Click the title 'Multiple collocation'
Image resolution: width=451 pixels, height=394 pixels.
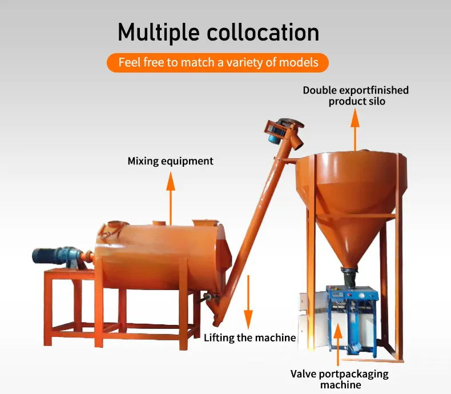pyautogui.click(x=218, y=32)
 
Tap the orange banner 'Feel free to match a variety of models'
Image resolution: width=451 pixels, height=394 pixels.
pyautogui.click(x=218, y=62)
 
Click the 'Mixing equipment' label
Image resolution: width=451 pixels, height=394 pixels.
pyautogui.click(x=170, y=161)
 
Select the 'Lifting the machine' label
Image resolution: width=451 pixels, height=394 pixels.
pyautogui.click(x=249, y=337)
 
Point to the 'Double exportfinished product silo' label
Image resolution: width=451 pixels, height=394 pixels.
pyautogui.click(x=356, y=95)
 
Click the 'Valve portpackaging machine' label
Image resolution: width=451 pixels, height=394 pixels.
pyautogui.click(x=340, y=379)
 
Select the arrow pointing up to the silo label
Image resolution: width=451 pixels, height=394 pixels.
pyautogui.click(x=355, y=129)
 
